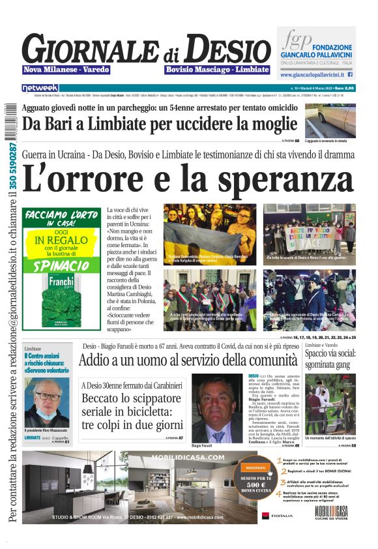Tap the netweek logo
40,88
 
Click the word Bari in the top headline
70,123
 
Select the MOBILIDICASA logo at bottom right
332,511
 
